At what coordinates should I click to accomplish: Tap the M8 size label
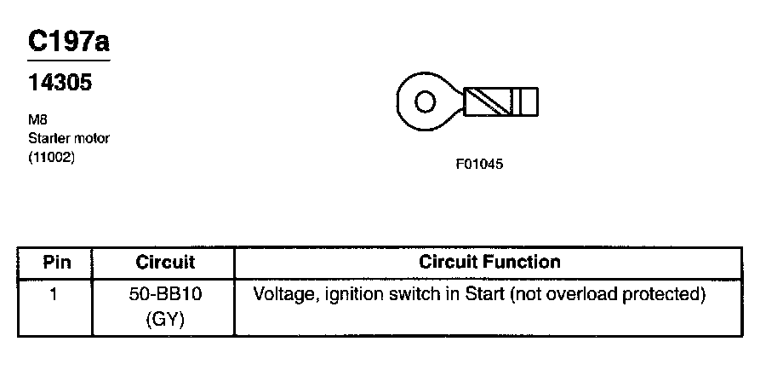(x=36, y=120)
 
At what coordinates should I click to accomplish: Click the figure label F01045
(x=480, y=165)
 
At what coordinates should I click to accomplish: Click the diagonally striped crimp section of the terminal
(x=492, y=102)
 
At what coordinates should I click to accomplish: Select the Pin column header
(x=56, y=262)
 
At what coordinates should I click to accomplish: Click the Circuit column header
(x=165, y=262)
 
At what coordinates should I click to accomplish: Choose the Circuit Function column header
(x=489, y=262)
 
